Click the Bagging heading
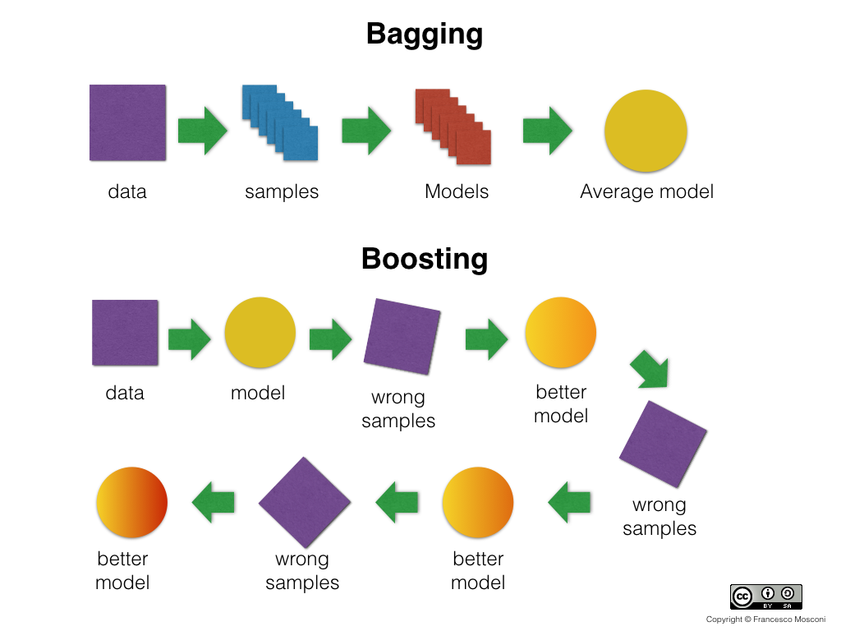click(x=424, y=35)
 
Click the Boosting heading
click(x=424, y=259)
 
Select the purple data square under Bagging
click(x=127, y=122)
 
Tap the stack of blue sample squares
click(x=280, y=123)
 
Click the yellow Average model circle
click(x=646, y=131)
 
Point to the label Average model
click(x=646, y=192)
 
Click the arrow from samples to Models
click(x=366, y=130)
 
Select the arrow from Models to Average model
click(x=547, y=130)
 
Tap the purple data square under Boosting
click(x=125, y=332)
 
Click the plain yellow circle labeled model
click(x=260, y=333)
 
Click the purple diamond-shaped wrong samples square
click(x=305, y=502)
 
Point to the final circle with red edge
click(x=131, y=502)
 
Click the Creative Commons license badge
click(x=765, y=596)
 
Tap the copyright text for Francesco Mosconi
click(x=765, y=619)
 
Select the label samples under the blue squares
click(x=282, y=192)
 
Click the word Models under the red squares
click(x=457, y=192)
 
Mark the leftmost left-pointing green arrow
click(x=214, y=501)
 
